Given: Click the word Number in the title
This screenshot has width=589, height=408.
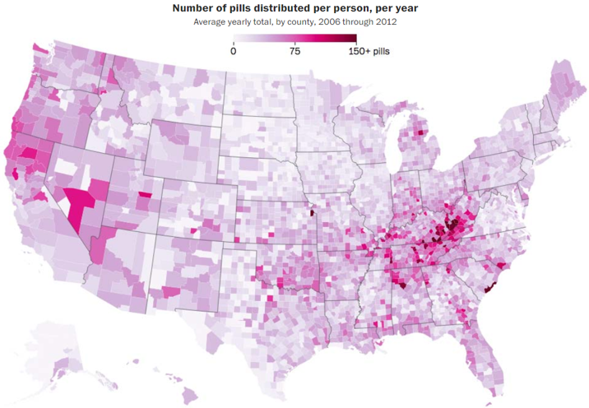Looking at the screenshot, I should tap(195, 7).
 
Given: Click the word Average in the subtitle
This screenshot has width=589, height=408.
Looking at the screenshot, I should tap(212, 21).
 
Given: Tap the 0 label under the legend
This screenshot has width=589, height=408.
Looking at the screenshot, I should tap(234, 51).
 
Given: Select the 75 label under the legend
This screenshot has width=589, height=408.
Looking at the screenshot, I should tap(294, 51).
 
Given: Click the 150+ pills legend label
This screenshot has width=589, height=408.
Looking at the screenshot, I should tap(369, 51).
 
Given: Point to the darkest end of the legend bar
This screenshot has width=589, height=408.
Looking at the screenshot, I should tap(354, 38).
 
